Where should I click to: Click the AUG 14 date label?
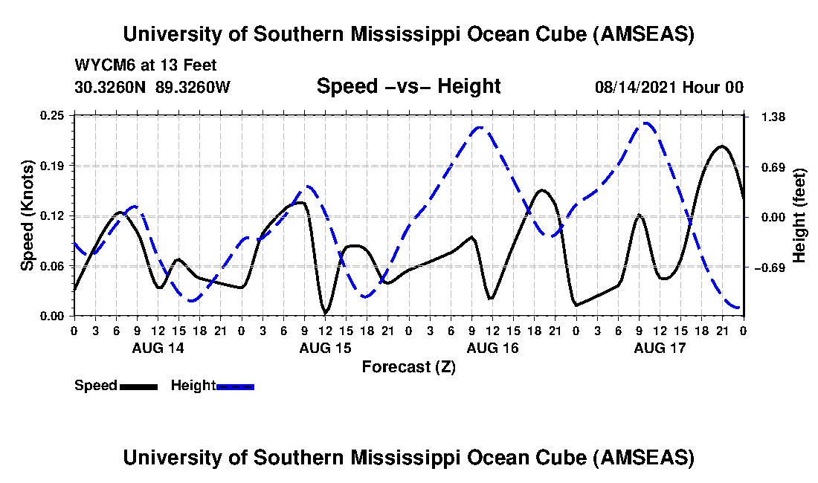pyautogui.click(x=158, y=348)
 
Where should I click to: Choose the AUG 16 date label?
pyautogui.click(x=492, y=348)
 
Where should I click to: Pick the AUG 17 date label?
pyautogui.click(x=660, y=348)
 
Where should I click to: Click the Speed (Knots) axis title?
pyautogui.click(x=28, y=215)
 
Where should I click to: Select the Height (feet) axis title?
pyautogui.click(x=800, y=215)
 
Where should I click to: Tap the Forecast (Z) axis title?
pyautogui.click(x=408, y=366)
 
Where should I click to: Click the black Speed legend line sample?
pyautogui.click(x=138, y=386)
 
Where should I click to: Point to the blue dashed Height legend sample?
pyautogui.click(x=235, y=386)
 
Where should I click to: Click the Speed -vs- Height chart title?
pyautogui.click(x=408, y=87)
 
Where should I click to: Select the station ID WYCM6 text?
pyautogui.click(x=100, y=65)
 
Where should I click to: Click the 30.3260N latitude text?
pyautogui.click(x=112, y=88)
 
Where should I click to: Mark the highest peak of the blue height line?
pyautogui.click(x=647, y=123)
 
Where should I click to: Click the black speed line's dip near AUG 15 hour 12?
pyautogui.click(x=325, y=311)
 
